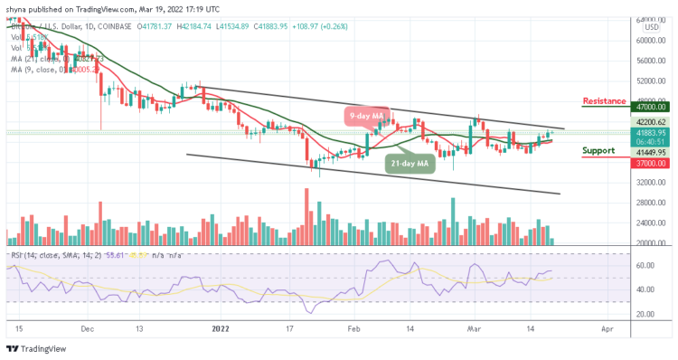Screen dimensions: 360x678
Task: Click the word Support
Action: pyautogui.click(x=601, y=150)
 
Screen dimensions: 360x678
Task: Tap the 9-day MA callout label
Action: pyautogui.click(x=367, y=116)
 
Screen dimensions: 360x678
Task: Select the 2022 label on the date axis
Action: pyautogui.click(x=221, y=331)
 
